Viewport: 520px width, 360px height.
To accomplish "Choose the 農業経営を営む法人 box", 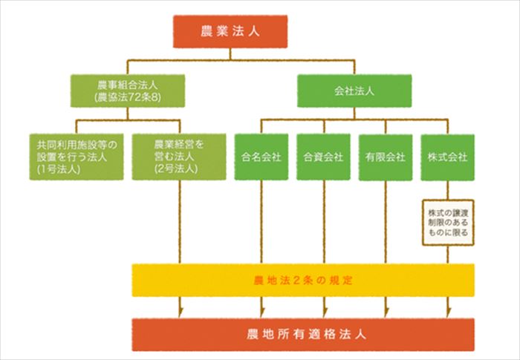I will (179, 156).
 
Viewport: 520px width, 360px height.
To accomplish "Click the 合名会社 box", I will (261, 157).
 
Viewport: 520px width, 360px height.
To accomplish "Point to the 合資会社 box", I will (323, 157).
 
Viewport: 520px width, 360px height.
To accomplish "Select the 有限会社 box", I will (385, 157).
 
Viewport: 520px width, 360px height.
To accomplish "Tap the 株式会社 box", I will (447, 157).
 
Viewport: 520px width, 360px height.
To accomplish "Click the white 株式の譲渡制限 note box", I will (447, 221).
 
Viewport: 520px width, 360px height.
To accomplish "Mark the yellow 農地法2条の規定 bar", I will (303, 280).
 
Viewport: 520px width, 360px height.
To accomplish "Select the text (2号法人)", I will (179, 170).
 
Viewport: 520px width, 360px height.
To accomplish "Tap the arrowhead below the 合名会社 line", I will (261, 311).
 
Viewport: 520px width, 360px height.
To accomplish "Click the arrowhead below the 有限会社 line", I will (385, 311).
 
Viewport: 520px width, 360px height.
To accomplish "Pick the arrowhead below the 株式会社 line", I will (447, 311).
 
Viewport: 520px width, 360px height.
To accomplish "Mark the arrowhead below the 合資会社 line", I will (323, 311).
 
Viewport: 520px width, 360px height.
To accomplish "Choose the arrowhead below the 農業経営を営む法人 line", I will (181, 311).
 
